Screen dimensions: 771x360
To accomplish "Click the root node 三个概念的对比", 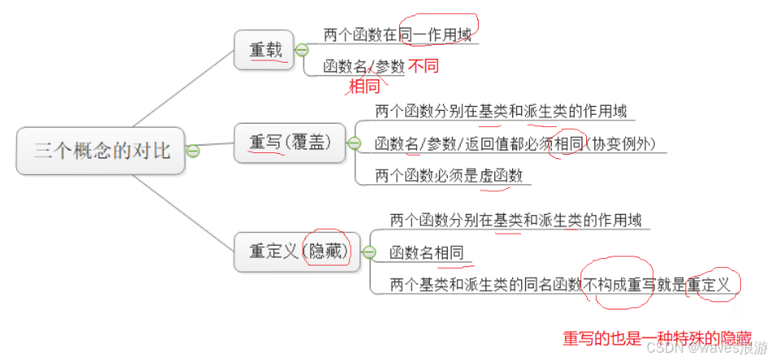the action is [102, 151].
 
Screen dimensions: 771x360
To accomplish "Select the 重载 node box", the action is [266, 50].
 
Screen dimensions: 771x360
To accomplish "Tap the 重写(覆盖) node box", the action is [290, 143].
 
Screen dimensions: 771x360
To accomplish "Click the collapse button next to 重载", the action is [301, 50].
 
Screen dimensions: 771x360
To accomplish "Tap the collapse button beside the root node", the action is [193, 151].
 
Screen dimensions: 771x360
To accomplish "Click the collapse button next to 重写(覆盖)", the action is [354, 143].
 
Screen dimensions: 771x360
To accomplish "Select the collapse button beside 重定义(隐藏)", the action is [369, 252].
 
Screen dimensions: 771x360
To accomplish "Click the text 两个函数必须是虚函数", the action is [449, 175].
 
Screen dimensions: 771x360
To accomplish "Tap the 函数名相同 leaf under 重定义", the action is [427, 252].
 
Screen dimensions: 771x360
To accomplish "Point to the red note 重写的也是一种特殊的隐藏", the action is [657, 338].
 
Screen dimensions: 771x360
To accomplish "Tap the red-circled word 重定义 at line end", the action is [711, 285].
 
